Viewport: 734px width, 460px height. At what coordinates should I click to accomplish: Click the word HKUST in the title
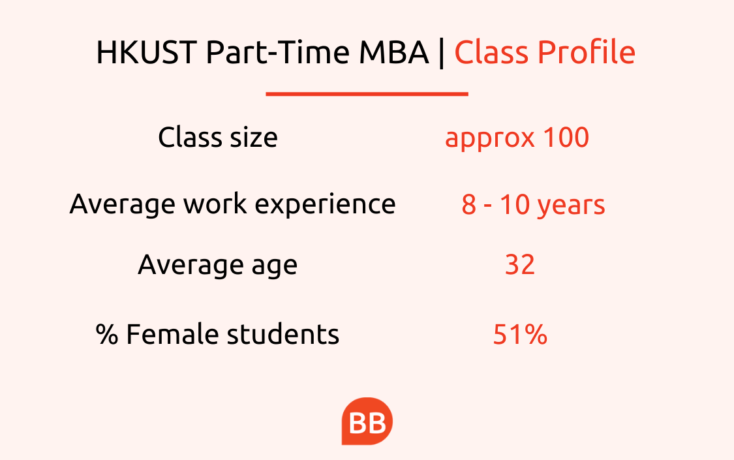tap(147, 52)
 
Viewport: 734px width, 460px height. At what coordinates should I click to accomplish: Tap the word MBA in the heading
tap(393, 52)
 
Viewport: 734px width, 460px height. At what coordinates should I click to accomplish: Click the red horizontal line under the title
tap(367, 94)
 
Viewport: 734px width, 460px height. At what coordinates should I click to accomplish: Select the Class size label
tap(218, 137)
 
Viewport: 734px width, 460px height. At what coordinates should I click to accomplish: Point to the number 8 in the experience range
tap(469, 204)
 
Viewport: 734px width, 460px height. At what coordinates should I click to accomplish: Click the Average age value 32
tap(519, 265)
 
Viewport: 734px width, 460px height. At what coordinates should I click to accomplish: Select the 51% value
tap(520, 334)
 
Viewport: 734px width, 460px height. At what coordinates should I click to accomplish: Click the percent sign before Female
tap(107, 334)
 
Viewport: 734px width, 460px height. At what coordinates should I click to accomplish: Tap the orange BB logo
tap(367, 421)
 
